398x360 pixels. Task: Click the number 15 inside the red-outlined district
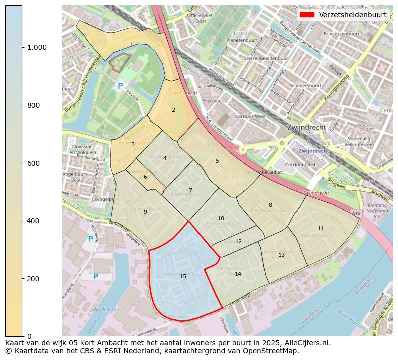[183, 276]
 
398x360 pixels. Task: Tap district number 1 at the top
[131, 45]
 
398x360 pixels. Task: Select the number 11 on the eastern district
[321, 228]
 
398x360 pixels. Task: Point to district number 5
[217, 161]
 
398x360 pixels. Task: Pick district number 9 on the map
[145, 212]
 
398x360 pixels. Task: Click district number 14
[238, 274]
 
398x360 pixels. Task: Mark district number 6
[145, 177]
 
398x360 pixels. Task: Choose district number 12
[238, 241]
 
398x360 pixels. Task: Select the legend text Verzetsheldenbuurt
[352, 15]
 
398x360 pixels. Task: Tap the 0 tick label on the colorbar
[28, 336]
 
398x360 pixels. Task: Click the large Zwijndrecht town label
[307, 127]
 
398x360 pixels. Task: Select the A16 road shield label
[356, 214]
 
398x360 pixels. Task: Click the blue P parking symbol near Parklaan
[120, 86]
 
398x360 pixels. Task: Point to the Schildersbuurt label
[305, 86]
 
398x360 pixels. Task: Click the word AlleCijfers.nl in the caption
[306, 343]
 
